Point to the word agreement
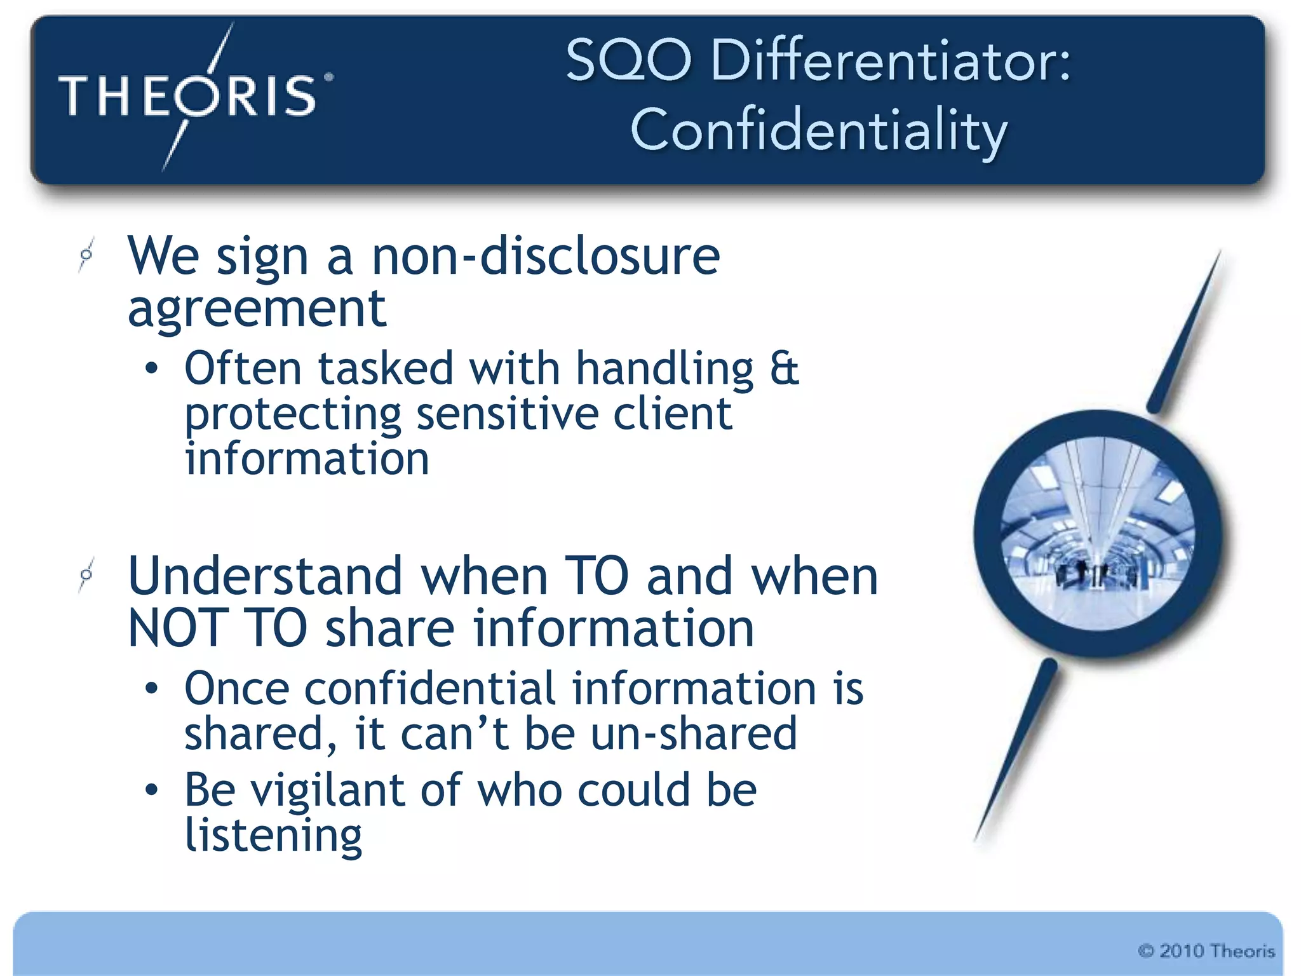click(257, 309)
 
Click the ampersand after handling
click(784, 369)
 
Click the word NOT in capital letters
click(177, 628)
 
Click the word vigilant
click(328, 790)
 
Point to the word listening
click(273, 836)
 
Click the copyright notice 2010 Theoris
click(1206, 951)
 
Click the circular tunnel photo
click(1098, 534)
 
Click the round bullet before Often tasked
click(151, 369)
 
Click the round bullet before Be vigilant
click(151, 790)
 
